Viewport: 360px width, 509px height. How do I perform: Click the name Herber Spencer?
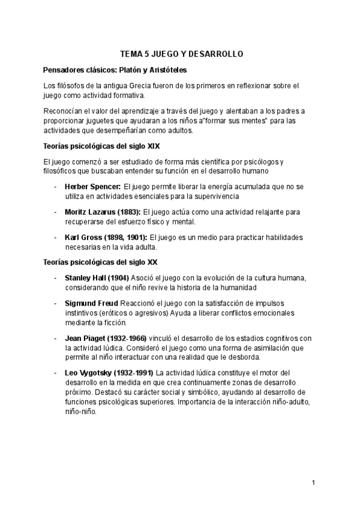click(x=92, y=187)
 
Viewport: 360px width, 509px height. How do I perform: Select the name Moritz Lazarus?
click(x=89, y=212)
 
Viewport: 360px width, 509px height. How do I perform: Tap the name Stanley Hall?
click(x=87, y=278)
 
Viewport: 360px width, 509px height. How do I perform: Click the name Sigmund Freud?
click(x=91, y=303)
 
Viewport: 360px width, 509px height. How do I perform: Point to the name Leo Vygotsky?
click(x=89, y=373)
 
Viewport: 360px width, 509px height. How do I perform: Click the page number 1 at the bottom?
click(x=313, y=482)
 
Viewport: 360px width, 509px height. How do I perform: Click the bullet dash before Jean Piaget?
click(x=55, y=339)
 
